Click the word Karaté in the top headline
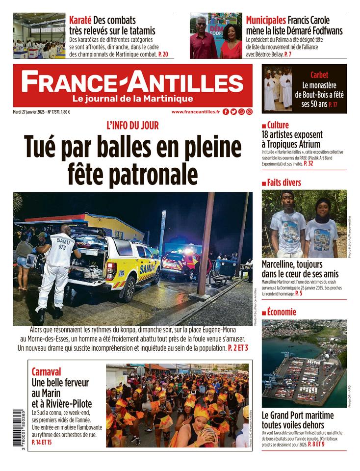pos(80,20)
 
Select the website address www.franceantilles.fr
pos(196,112)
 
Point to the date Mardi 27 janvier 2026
pos(29,112)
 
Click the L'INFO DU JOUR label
pos(132,126)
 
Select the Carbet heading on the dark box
pos(319,75)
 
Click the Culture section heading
pos(278,125)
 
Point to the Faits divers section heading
pos(284,183)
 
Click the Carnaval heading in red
pos(46,371)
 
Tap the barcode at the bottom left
pos(19,428)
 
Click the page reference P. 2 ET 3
pos(238,348)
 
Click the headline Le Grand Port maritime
pos(298,415)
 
